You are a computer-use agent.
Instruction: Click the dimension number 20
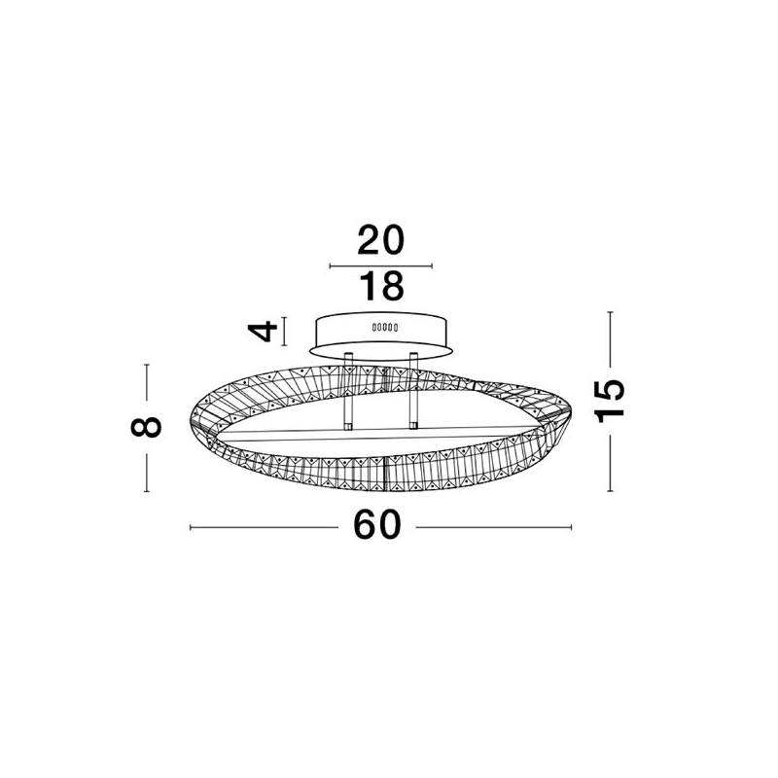[380, 240]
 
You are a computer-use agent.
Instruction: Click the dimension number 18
[381, 286]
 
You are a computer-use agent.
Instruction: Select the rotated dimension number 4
[263, 331]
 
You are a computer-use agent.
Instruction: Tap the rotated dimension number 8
[147, 427]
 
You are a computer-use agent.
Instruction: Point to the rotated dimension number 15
[610, 401]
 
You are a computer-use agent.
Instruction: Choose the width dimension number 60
[377, 525]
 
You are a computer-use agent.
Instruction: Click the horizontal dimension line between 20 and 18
[380, 265]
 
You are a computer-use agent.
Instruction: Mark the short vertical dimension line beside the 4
[284, 331]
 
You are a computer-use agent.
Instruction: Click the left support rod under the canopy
[348, 391]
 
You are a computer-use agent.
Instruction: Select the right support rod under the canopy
[412, 390]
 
